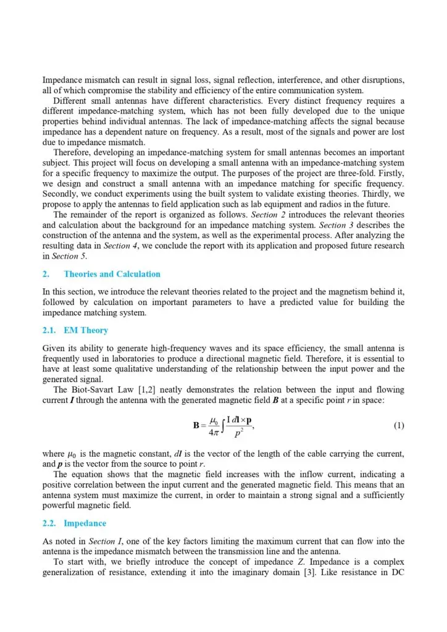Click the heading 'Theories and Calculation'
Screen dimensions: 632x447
pos(112,274)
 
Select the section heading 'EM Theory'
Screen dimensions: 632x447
pos(86,331)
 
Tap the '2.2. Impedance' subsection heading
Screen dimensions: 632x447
pos(76,523)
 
